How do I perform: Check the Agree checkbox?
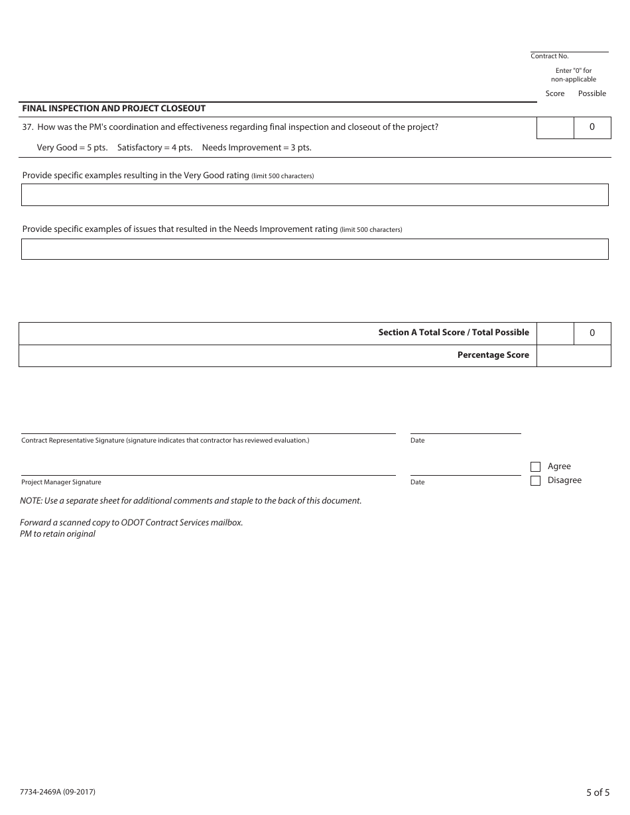[536, 466]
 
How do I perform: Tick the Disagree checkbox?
[536, 481]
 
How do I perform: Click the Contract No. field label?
[550, 56]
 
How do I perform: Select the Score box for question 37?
[555, 127]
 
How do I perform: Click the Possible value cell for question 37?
[592, 127]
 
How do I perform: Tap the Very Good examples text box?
[314, 195]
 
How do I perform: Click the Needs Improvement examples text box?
[314, 249]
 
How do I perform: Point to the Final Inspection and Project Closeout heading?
[114, 108]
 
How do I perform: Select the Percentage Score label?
[493, 355]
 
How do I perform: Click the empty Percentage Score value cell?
[573, 356]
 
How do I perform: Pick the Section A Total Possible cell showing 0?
[592, 333]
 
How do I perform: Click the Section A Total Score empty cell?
[555, 333]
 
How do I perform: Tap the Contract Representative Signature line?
[208, 429]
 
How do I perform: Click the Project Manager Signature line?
[208, 470]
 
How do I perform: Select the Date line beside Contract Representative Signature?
[466, 429]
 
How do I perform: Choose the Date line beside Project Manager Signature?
[466, 470]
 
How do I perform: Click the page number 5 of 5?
[598, 792]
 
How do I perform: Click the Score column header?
[555, 93]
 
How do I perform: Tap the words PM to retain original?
[58, 534]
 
